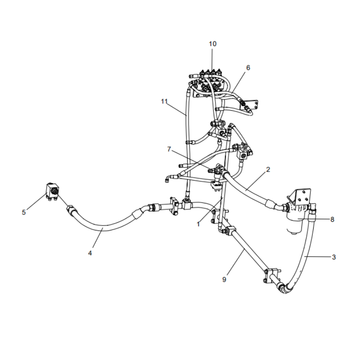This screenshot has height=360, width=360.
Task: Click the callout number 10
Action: pyautogui.click(x=212, y=44)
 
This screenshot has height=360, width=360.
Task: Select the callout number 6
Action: pyautogui.click(x=248, y=68)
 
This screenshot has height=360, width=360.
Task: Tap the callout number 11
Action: pyautogui.click(x=164, y=101)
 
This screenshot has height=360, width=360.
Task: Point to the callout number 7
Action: pyautogui.click(x=169, y=149)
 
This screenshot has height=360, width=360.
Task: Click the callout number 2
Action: pyautogui.click(x=268, y=170)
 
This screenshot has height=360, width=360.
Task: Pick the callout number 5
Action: pyautogui.click(x=24, y=212)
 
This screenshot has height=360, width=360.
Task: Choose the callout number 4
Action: pyautogui.click(x=90, y=253)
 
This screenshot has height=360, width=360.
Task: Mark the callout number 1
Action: pyautogui.click(x=198, y=224)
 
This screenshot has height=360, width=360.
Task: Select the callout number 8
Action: pyautogui.click(x=332, y=220)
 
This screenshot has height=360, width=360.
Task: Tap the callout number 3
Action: pyautogui.click(x=334, y=257)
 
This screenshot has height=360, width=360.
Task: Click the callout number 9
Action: pyautogui.click(x=224, y=279)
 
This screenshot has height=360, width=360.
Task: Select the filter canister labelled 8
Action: pyautogui.click(x=297, y=219)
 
